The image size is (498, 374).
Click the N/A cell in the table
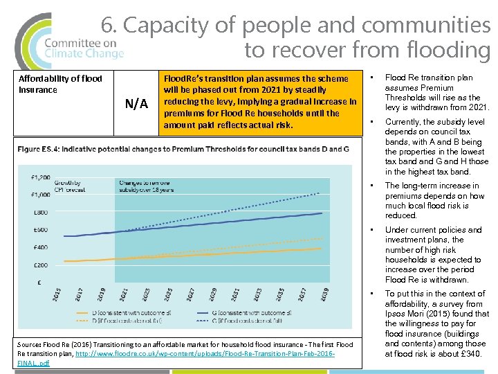[136, 104]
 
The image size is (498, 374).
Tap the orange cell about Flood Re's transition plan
[260, 102]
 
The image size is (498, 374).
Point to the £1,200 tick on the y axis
[40, 177]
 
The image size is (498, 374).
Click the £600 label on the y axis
[40, 230]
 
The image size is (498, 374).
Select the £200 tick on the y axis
[40, 265]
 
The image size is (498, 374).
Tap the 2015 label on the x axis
[57, 294]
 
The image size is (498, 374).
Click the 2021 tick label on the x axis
[123, 294]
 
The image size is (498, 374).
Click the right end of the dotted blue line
[322, 192]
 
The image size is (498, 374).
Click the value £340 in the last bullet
[471, 354]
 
